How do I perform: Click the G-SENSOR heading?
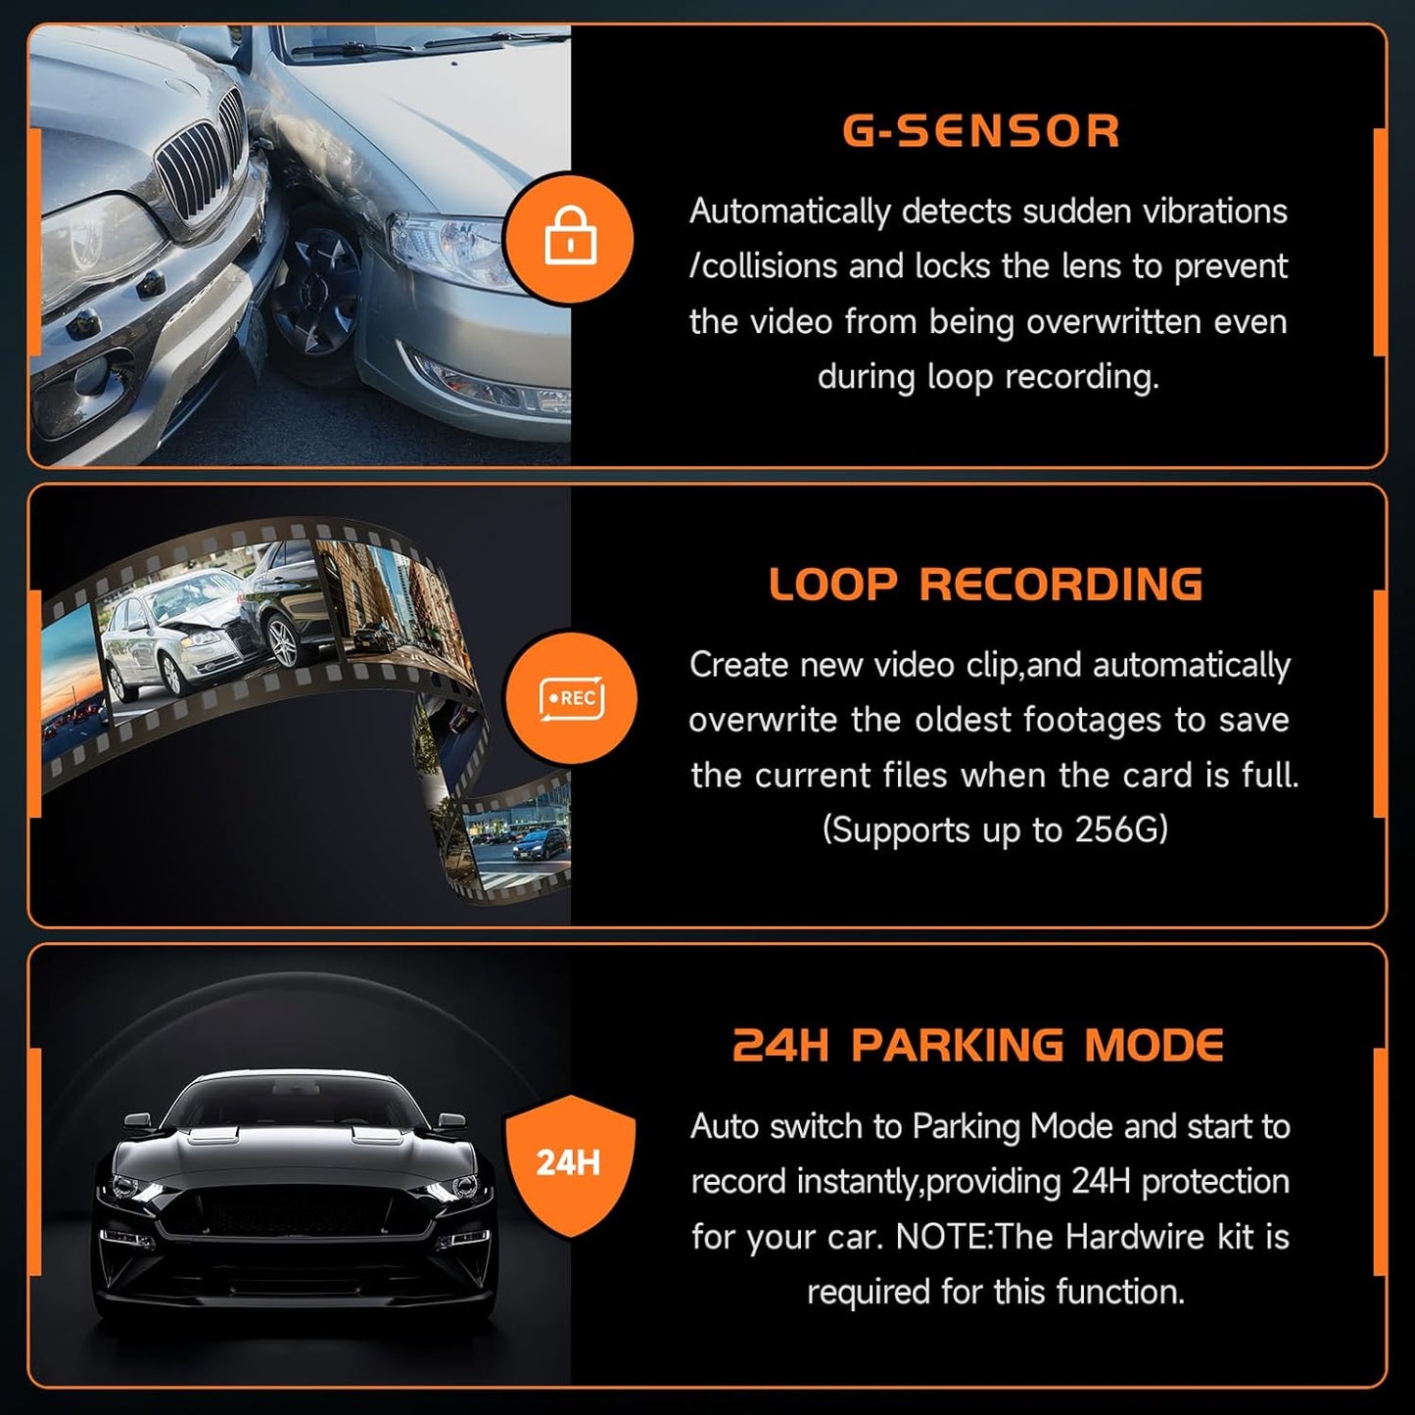(981, 131)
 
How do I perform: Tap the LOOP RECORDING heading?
(985, 585)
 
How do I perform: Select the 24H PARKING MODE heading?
(978, 1046)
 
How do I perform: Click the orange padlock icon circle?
(570, 239)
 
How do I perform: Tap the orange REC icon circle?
(571, 698)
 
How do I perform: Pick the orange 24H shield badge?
(569, 1163)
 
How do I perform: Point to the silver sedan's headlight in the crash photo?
(441, 245)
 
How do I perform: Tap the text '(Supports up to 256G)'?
(995, 830)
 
